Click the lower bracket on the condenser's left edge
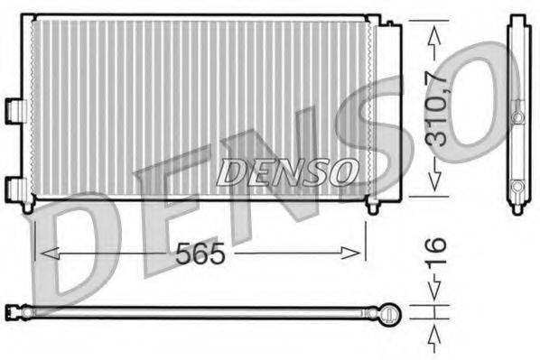(14, 188)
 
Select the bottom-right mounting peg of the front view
(371, 207)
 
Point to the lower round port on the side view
(517, 187)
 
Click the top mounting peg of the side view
(517, 19)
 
